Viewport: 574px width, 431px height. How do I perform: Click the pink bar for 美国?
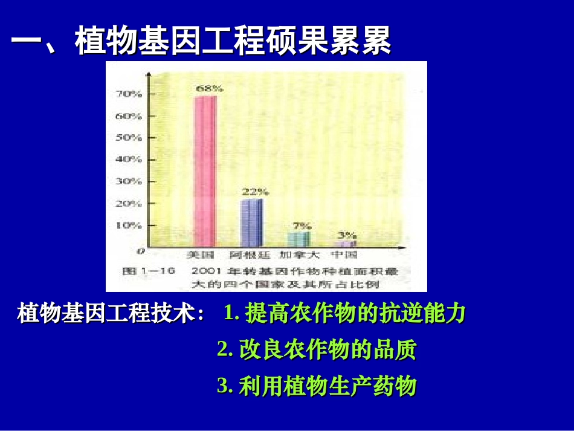205,171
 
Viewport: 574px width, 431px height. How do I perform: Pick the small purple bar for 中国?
346,244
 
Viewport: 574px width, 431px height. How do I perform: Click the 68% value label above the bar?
208,88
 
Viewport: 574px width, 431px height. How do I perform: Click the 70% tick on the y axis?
128,94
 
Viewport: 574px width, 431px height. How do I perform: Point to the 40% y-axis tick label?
128,160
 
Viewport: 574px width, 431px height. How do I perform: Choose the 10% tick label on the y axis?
128,225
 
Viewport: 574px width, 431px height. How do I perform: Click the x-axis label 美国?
198,255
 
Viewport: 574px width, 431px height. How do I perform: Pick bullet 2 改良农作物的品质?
317,350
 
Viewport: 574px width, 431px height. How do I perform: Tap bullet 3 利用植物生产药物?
317,386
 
